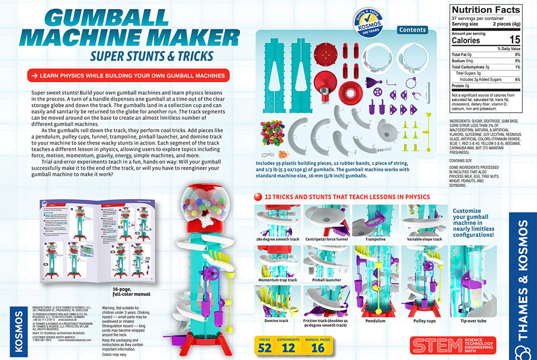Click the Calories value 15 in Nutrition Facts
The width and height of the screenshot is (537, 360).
pyautogui.click(x=514, y=40)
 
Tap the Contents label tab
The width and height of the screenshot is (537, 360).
pyautogui.click(x=412, y=30)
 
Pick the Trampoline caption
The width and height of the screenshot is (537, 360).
pyautogui.click(x=375, y=239)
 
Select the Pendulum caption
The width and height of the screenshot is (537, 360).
pyautogui.click(x=375, y=321)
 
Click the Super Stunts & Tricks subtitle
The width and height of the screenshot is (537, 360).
pyautogui.click(x=151, y=55)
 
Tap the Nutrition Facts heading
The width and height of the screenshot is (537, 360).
pyautogui.click(x=485, y=10)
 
